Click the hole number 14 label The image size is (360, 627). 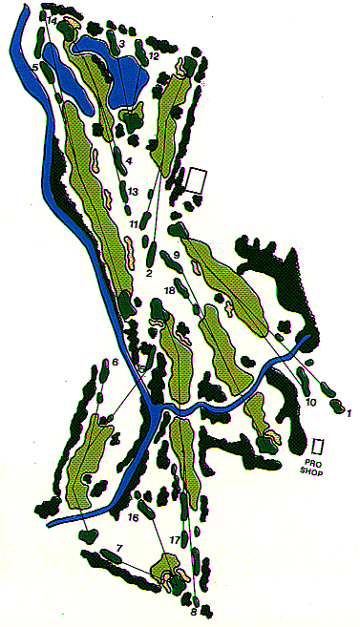52,20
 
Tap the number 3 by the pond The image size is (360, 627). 121,43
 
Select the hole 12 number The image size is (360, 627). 153,56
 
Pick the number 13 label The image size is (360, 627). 134,193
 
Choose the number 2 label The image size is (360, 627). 150,274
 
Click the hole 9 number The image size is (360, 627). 177,253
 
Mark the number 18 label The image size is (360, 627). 170,289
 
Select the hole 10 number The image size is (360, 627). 310,403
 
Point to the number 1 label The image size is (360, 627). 349,412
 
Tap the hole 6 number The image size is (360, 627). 115,363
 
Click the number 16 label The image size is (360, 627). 133,518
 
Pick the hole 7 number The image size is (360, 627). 119,548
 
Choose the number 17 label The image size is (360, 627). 175,541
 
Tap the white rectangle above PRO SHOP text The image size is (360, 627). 319,446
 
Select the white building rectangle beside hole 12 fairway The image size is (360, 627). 200,179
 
